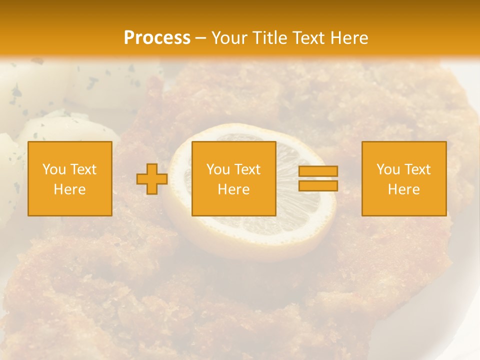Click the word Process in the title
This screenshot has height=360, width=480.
[x=157, y=38]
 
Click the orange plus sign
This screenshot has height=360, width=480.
[x=152, y=179]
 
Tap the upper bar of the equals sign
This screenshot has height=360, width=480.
[x=318, y=171]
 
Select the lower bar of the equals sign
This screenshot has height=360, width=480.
[x=318, y=186]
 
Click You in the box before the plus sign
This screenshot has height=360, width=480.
[x=53, y=169]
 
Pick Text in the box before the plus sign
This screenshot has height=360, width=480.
[x=82, y=169]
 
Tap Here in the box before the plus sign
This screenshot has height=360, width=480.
[x=69, y=189]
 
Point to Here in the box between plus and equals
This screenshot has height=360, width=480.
[x=233, y=189]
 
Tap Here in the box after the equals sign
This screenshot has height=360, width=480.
[x=403, y=189]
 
